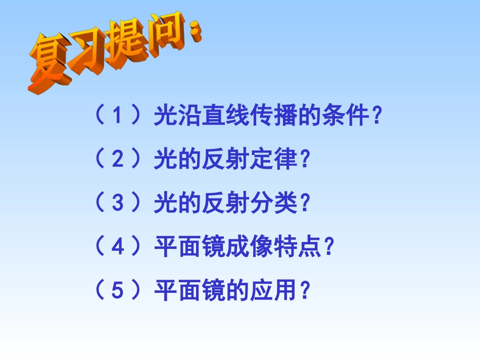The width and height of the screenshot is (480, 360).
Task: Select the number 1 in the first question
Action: point(117,117)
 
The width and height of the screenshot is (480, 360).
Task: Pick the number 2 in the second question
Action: point(117,160)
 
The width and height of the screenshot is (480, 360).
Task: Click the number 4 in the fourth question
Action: point(117,247)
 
